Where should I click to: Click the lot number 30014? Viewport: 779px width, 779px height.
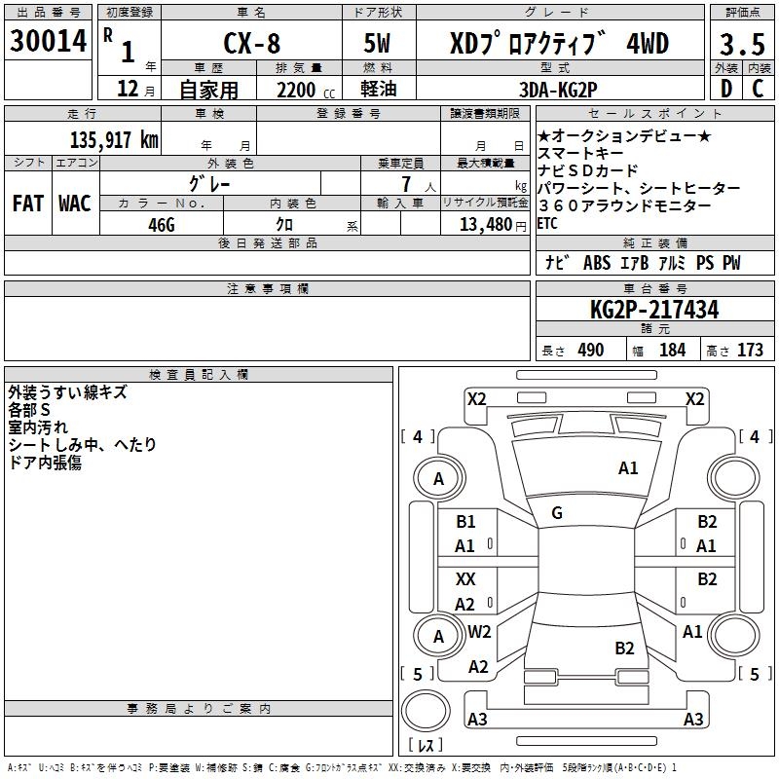tap(48, 41)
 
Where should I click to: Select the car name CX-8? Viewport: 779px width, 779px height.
tap(252, 43)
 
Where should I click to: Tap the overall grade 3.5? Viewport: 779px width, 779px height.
tap(742, 44)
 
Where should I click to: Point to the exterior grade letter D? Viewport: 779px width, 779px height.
tap(726, 89)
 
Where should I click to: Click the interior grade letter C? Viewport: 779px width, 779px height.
tap(758, 89)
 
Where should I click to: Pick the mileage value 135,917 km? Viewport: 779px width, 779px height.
tap(114, 140)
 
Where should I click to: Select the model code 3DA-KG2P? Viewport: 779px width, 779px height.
tap(558, 90)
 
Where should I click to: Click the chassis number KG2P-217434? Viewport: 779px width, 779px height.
tap(654, 310)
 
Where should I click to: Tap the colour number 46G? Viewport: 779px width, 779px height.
tap(162, 225)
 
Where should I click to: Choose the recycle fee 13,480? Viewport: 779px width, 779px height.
tap(486, 224)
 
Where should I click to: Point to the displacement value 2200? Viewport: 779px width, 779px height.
tap(296, 90)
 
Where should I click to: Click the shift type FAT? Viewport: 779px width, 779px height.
tap(28, 204)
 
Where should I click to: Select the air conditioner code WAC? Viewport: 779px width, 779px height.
tap(75, 204)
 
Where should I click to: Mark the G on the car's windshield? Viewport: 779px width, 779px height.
tap(557, 512)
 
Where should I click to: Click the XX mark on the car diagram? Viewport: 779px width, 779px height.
tap(465, 578)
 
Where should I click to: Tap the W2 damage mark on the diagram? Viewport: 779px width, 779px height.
tap(479, 631)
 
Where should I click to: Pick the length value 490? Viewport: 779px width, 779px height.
tap(591, 350)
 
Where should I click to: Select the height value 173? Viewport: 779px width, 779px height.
tap(750, 350)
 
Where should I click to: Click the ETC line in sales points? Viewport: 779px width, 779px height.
tap(547, 224)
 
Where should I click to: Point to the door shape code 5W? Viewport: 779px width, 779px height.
tap(377, 43)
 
